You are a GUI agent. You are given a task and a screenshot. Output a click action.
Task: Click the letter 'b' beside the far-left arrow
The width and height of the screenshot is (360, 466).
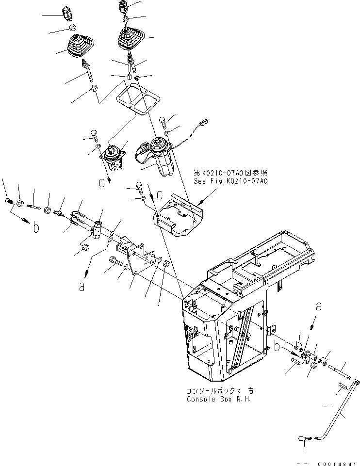pos(36,228)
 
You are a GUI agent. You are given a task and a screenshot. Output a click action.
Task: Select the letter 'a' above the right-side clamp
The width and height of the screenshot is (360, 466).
pos(318,306)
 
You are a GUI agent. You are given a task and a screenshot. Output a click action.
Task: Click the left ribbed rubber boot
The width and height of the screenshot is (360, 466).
pos(78,46)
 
